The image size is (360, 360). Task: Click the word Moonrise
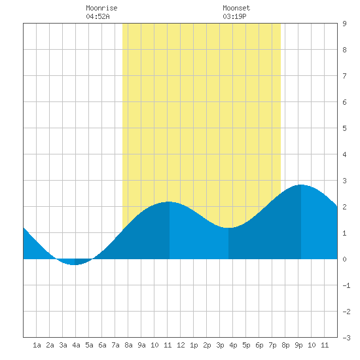[x=101, y=8]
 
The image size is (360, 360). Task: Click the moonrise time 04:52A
[x=98, y=16]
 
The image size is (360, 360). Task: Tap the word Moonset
[x=236, y=8]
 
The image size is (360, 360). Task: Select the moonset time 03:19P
[x=234, y=16]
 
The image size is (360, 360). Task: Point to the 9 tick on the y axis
[x=344, y=24]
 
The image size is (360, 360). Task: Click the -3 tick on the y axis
[x=346, y=338]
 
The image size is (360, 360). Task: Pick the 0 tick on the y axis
[x=344, y=259]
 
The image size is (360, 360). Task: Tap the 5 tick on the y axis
[x=344, y=128]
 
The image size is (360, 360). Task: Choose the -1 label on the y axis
[x=346, y=285]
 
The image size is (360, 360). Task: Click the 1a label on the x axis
[x=37, y=345]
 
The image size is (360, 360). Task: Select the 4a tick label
[x=76, y=345]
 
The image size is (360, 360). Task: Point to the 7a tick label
[x=115, y=345]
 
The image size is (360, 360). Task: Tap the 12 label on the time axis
[x=181, y=345]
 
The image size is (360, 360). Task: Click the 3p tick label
[x=220, y=345]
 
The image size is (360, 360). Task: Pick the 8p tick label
[x=285, y=345]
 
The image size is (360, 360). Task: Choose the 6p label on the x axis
[x=259, y=345]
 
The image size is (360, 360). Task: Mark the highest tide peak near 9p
[x=301, y=185]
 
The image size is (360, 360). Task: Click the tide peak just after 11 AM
[x=170, y=202]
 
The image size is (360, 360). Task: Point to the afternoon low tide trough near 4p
[x=228, y=228]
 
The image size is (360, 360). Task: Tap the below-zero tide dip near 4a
[x=75, y=264]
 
